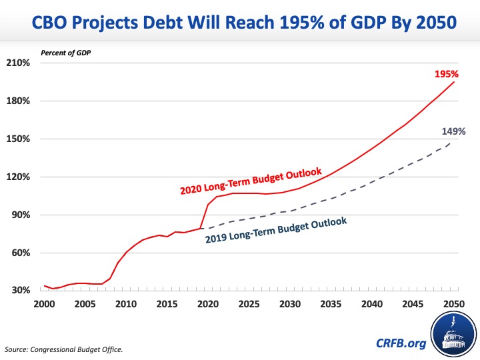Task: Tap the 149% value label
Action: pyautogui.click(x=453, y=131)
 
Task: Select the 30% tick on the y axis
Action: pyautogui.click(x=20, y=291)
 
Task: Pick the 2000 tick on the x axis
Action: pyautogui.click(x=44, y=304)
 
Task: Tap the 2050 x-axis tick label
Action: pyautogui.click(x=454, y=304)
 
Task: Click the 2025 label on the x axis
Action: pyautogui.click(x=249, y=304)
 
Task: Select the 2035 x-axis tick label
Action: pyautogui.click(x=331, y=304)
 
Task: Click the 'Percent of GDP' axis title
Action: pyautogui.click(x=66, y=51)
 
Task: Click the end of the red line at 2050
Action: pyautogui.click(x=454, y=82)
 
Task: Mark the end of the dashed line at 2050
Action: pyautogui.click(x=454, y=141)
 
